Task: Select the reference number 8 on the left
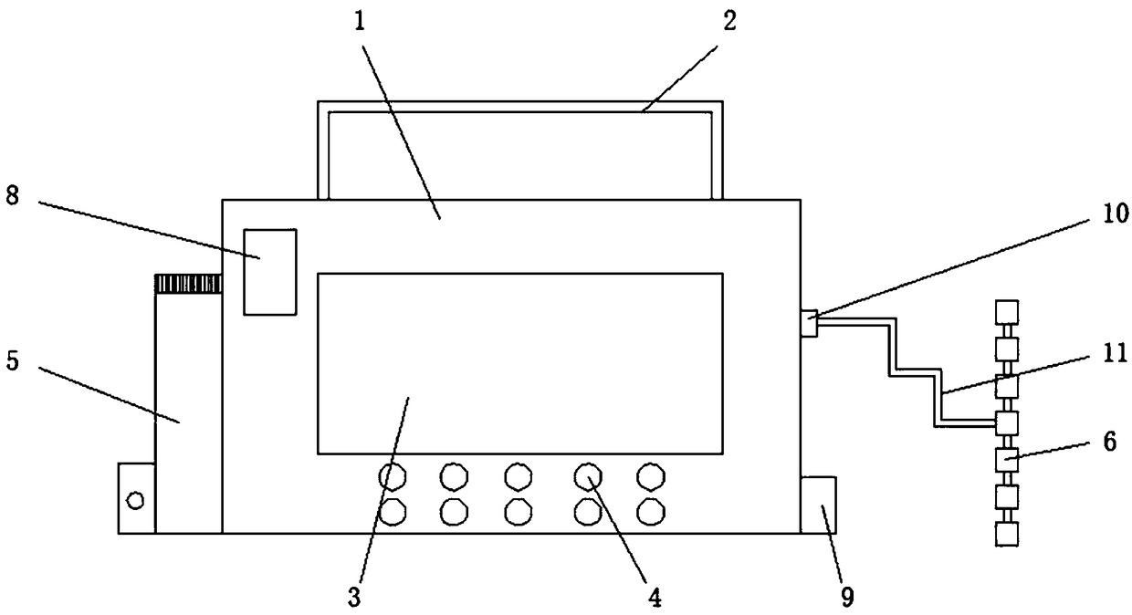[12, 198]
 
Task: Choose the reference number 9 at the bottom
[847, 597]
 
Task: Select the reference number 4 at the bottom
[653, 597]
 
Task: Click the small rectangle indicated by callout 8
[269, 272]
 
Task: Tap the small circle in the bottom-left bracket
[136, 499]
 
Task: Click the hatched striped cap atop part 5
[188, 284]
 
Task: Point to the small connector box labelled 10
[808, 323]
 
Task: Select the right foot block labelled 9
[818, 504]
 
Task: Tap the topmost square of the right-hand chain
[1006, 310]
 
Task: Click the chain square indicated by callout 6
[1006, 460]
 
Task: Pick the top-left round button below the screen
[393, 475]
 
